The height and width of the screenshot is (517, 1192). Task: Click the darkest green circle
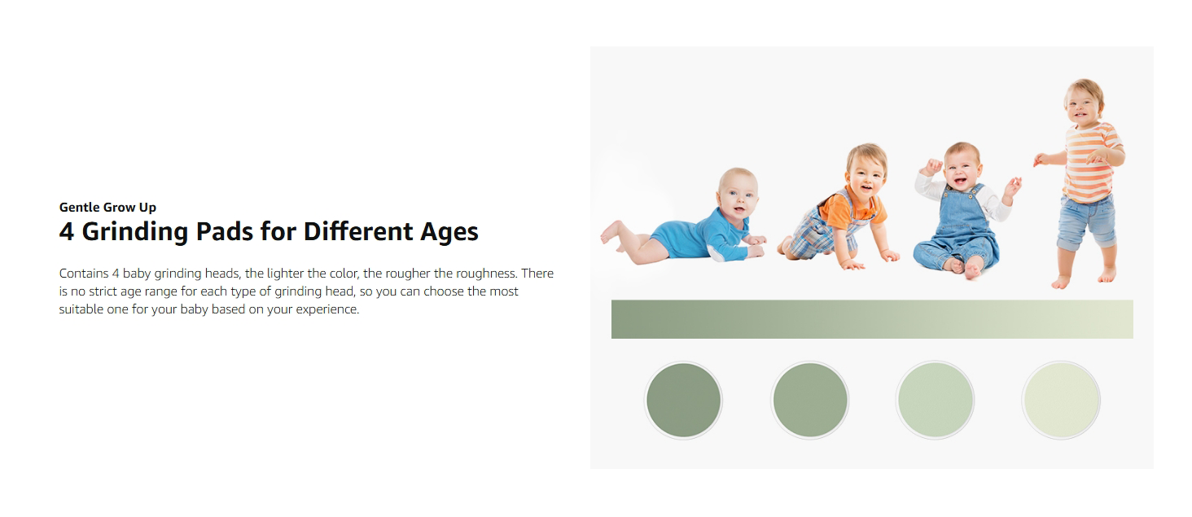683,400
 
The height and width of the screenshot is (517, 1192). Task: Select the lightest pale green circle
1061,400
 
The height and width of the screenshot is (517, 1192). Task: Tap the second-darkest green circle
810,400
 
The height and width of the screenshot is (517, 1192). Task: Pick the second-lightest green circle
935,400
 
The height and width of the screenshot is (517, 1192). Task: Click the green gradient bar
872,319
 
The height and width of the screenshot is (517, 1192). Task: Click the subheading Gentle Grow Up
107,208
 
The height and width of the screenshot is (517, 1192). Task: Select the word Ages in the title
449,232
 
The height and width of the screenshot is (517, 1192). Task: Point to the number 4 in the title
67,231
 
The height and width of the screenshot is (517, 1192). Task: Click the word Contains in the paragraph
84,274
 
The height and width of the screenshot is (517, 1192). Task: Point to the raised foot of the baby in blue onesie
610,232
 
